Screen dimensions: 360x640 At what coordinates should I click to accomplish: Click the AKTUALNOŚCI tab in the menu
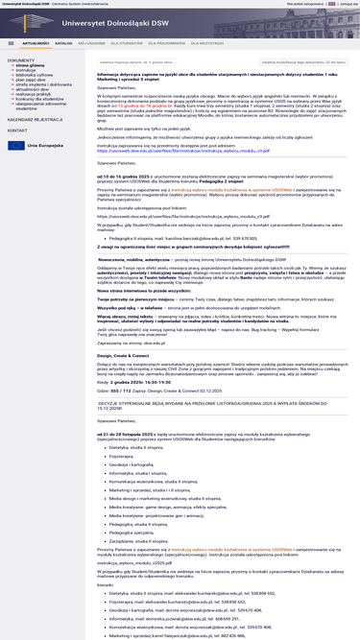click(36, 43)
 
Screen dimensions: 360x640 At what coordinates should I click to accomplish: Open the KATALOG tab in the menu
click(63, 43)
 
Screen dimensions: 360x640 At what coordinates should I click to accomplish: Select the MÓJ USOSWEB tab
click(92, 43)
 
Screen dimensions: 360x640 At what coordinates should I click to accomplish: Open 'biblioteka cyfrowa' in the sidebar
click(35, 75)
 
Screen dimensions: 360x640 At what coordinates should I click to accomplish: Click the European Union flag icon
click(16, 145)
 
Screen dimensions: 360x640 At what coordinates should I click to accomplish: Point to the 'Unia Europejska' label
click(44, 145)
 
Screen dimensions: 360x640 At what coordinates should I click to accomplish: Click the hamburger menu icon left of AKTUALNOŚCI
click(11, 43)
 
